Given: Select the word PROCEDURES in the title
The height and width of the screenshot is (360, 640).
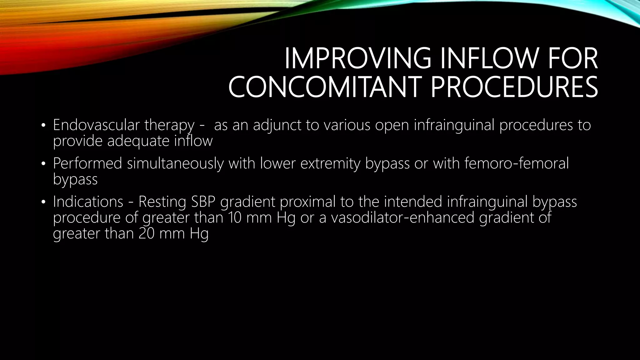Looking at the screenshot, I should (x=514, y=87).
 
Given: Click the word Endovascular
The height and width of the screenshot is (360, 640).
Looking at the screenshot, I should (x=96, y=125).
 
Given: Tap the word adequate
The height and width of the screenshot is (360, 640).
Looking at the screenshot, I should (x=138, y=141).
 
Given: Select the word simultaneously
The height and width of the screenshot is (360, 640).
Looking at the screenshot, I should (x=175, y=163).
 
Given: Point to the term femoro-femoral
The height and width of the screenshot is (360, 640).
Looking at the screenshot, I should (x=517, y=163).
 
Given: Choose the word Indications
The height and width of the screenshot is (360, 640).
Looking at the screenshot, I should (x=88, y=202).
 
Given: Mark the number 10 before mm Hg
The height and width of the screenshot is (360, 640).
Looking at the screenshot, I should (x=235, y=217).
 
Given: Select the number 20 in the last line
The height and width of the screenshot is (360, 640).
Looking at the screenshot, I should (x=147, y=233).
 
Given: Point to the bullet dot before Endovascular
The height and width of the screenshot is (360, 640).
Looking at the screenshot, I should (x=43, y=126).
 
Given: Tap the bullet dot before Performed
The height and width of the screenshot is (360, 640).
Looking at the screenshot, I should (x=43, y=164).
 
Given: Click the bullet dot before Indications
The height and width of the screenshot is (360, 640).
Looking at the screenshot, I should (x=43, y=202).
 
